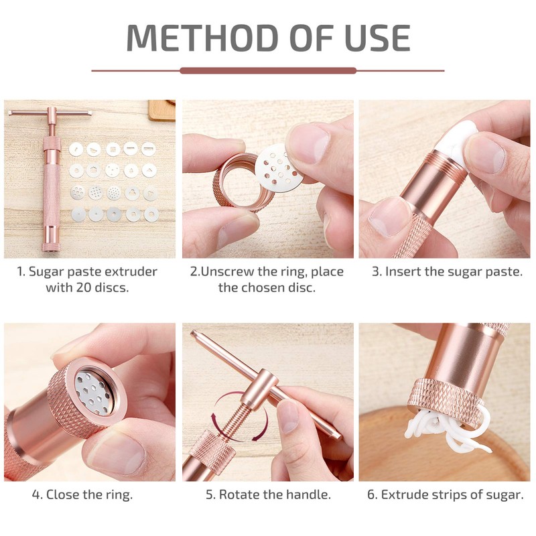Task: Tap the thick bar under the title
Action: click(x=268, y=70)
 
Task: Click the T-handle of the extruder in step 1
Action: click(x=50, y=113)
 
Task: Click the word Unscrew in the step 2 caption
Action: click(x=230, y=272)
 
